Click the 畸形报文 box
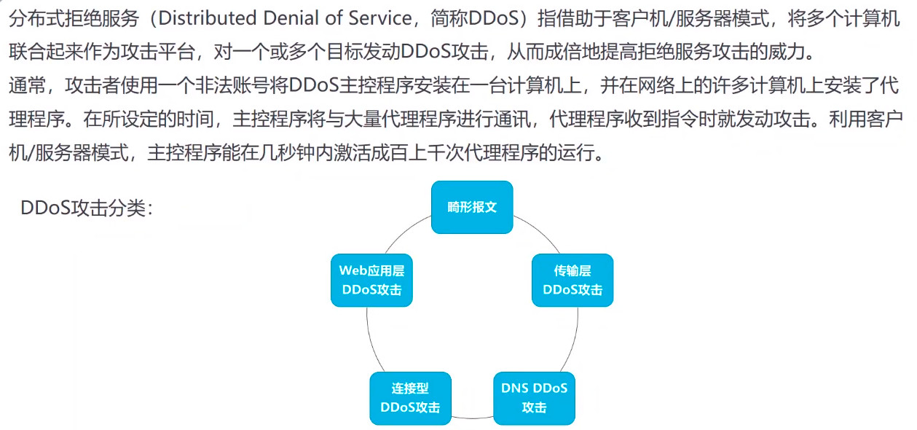(x=472, y=207)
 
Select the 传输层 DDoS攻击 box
(x=572, y=280)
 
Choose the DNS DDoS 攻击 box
(x=534, y=398)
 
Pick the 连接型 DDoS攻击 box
(x=410, y=398)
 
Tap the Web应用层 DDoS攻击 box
(x=371, y=280)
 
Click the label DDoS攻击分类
(x=87, y=208)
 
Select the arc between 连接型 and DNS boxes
(x=472, y=418)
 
